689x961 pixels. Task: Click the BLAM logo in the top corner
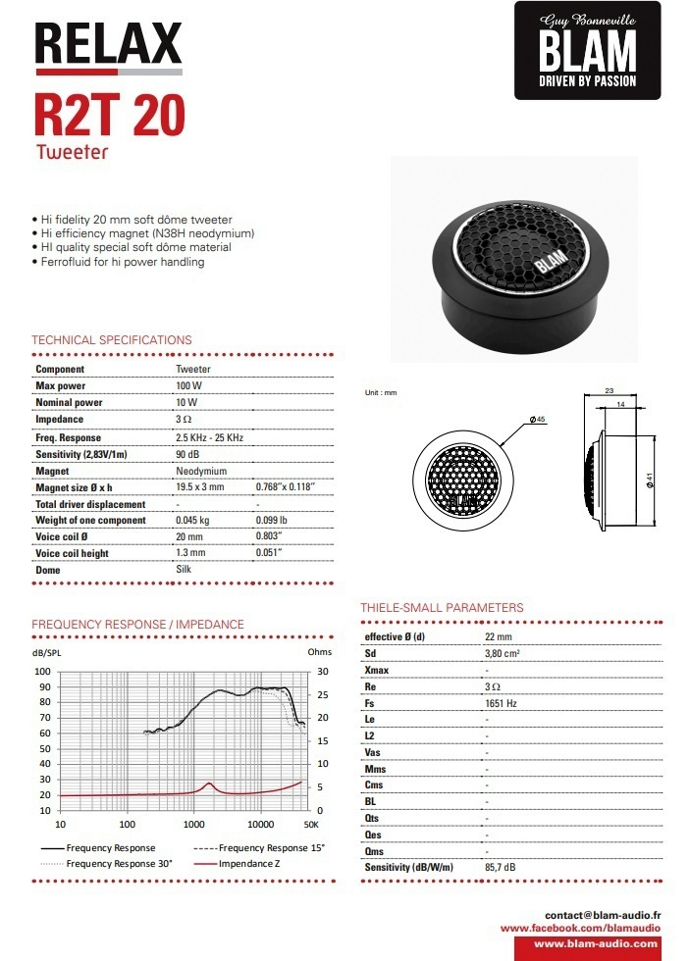tap(588, 50)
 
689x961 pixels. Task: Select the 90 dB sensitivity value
tap(187, 454)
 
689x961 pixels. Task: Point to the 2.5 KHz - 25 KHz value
tap(209, 437)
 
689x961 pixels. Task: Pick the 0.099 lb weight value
tap(272, 521)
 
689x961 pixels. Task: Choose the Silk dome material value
tap(184, 570)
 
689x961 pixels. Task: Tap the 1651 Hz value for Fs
tap(501, 703)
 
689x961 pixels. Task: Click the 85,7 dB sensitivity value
tap(501, 868)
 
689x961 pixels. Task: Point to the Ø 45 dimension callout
tap(537, 420)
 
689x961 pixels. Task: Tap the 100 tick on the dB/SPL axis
tap(42, 672)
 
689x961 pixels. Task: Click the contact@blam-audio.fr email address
tap(604, 913)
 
